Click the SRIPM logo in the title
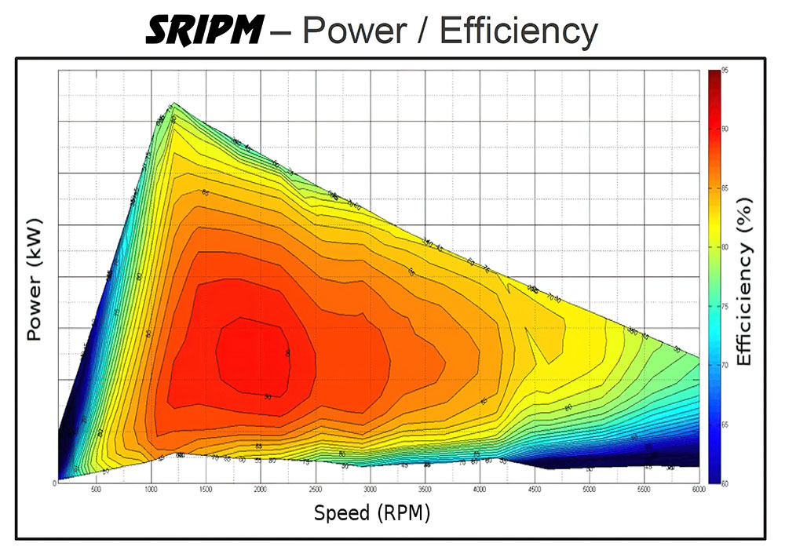(203, 31)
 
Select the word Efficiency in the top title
(519, 31)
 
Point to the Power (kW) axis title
(34, 279)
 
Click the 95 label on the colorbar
(725, 71)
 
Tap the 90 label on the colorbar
(725, 129)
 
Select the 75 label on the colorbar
(725, 306)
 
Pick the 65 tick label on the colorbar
(725, 424)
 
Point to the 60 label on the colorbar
(725, 483)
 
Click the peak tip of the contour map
(174, 103)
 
